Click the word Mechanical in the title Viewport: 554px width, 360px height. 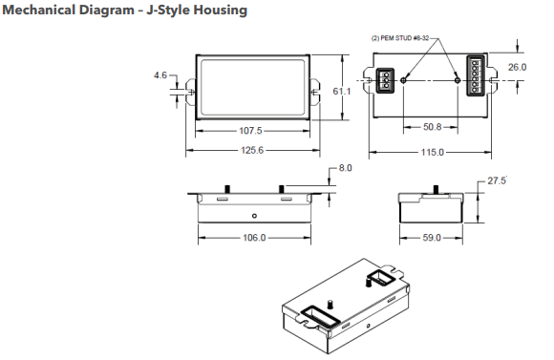coord(43,11)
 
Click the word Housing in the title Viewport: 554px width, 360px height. coord(219,11)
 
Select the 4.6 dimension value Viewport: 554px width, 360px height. coord(160,74)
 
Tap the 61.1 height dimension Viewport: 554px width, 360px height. coord(342,91)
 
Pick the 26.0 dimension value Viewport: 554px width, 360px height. coord(517,68)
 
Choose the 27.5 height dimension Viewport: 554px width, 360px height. coord(497,180)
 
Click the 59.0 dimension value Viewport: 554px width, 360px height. coord(431,237)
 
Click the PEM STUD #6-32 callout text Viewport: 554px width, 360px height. coord(402,38)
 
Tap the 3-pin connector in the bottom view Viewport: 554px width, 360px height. coord(386,80)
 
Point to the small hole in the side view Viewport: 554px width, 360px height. coord(253,216)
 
